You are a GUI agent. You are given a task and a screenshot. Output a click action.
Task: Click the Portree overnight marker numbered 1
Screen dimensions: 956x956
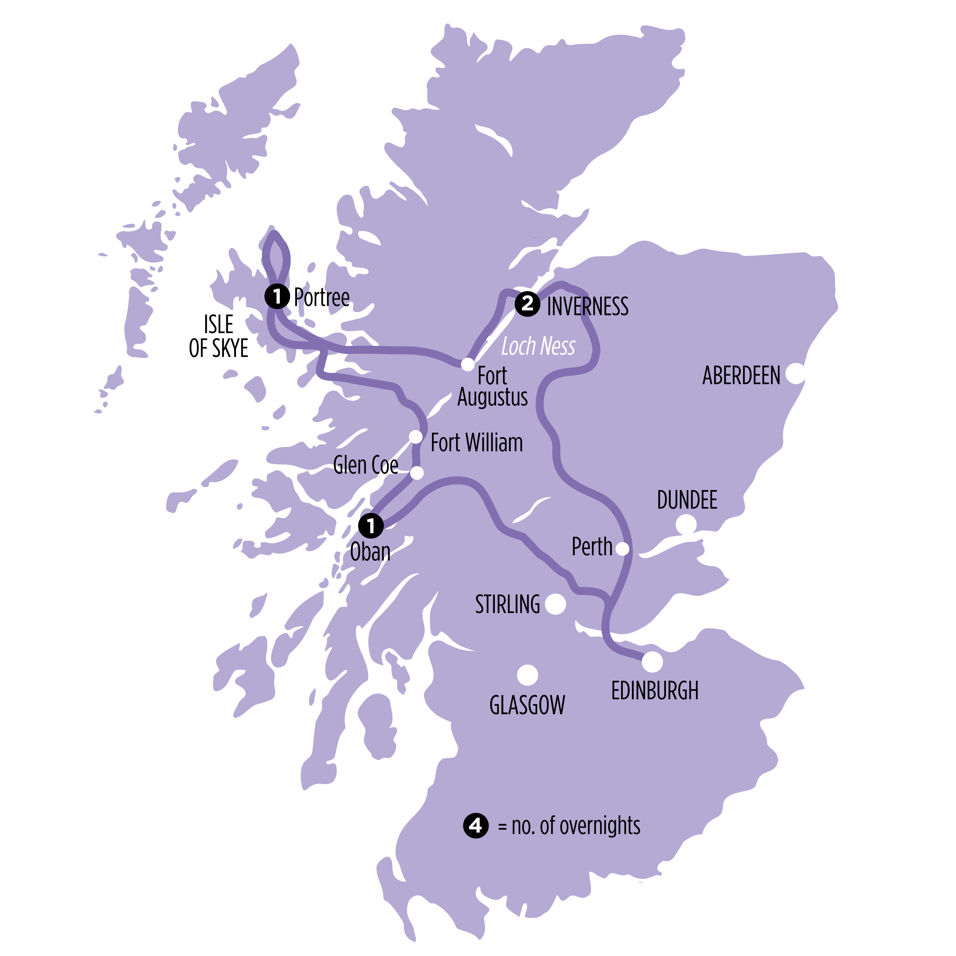[x=277, y=296]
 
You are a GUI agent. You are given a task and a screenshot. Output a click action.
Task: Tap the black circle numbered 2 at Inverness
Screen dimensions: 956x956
[x=527, y=303]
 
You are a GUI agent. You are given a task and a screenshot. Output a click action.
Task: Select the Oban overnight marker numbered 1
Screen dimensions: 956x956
[x=371, y=526]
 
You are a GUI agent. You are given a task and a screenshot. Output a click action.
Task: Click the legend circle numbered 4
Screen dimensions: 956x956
[x=475, y=825]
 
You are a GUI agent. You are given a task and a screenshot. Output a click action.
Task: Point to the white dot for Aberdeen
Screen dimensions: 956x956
[x=795, y=374]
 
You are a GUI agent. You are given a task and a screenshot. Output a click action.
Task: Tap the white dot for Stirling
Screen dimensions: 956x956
[x=555, y=604]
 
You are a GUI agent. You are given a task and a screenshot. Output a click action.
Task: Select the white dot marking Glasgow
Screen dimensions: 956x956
[x=527, y=675]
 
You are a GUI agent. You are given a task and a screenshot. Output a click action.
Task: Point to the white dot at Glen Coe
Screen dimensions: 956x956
[x=417, y=473]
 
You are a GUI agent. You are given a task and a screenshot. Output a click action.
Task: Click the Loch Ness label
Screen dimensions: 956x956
[x=538, y=346]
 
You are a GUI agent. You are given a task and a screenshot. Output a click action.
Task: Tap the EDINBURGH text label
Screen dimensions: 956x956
[x=655, y=691]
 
